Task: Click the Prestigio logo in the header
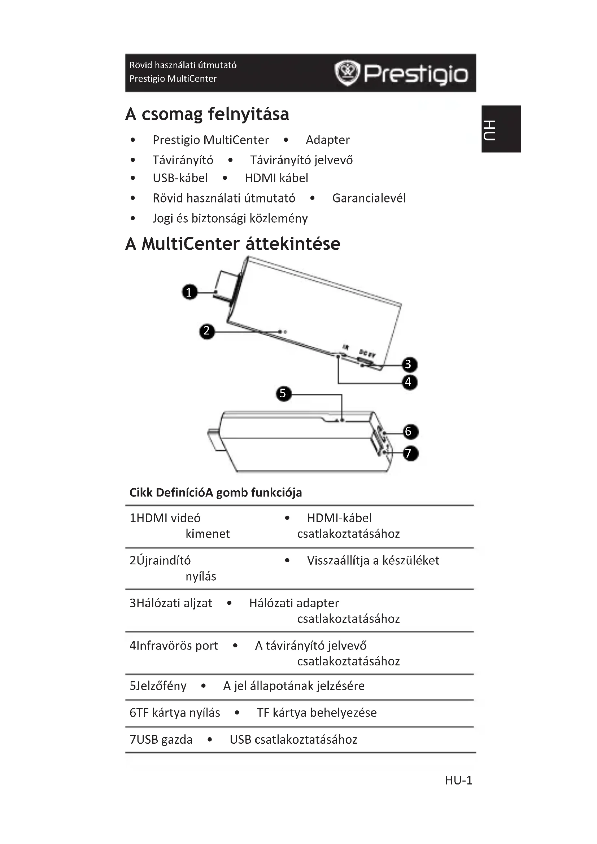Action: (x=401, y=73)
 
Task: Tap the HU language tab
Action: (x=501, y=130)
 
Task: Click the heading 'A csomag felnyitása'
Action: (x=207, y=114)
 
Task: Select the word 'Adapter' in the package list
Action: (x=327, y=140)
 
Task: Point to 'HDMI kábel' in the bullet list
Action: (x=276, y=178)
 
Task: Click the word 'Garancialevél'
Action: (x=369, y=198)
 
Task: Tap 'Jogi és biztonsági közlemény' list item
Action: (x=230, y=218)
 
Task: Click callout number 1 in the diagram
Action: (x=190, y=292)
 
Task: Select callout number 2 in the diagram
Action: (x=206, y=331)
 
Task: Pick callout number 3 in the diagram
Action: (x=409, y=365)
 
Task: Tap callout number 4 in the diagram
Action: (x=409, y=382)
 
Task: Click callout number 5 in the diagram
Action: (x=283, y=394)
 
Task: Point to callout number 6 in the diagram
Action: (x=410, y=432)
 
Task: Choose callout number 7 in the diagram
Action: (x=410, y=453)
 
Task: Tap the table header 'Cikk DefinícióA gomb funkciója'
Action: (x=215, y=493)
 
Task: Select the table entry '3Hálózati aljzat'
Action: (x=171, y=603)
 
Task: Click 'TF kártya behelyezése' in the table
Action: (x=317, y=713)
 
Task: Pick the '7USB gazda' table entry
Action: (x=161, y=740)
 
